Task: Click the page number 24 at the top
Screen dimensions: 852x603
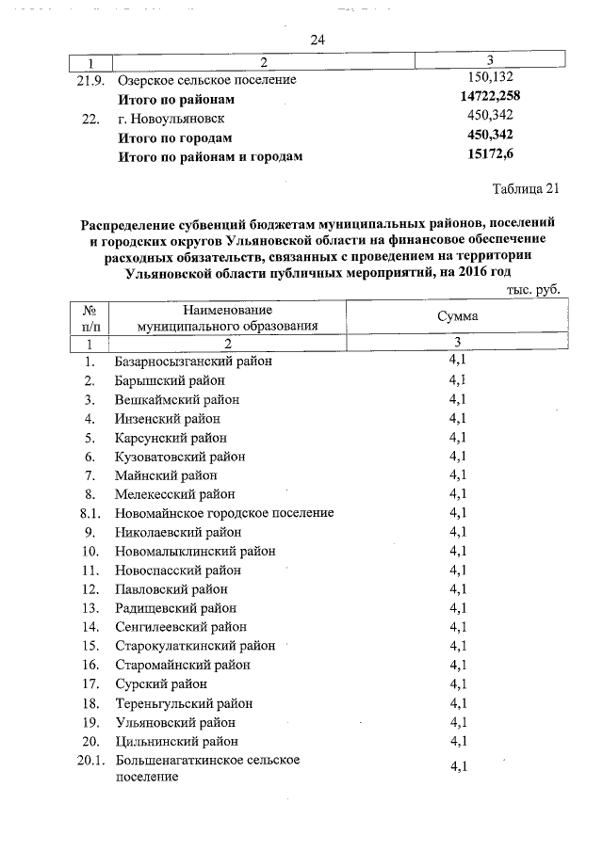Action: (x=317, y=40)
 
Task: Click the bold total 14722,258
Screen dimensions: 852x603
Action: (x=490, y=98)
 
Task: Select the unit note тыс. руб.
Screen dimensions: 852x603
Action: (x=532, y=290)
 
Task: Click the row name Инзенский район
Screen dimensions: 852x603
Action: (x=168, y=418)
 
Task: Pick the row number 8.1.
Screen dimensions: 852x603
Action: (x=90, y=513)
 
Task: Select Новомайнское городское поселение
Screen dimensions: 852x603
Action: (x=224, y=513)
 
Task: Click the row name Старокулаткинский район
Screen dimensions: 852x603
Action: (x=194, y=646)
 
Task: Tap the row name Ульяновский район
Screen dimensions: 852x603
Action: (x=175, y=722)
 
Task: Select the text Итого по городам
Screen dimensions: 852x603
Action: (x=174, y=137)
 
